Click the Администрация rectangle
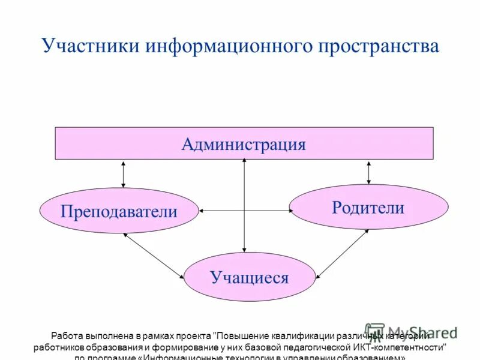pos(244,143)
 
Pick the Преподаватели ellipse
pos(119,211)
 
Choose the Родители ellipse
pos(368,207)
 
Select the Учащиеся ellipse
pos(249,277)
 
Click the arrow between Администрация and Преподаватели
pos(124,174)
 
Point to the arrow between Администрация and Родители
pos(368,172)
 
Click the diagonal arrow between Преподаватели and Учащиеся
pos(154,256)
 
